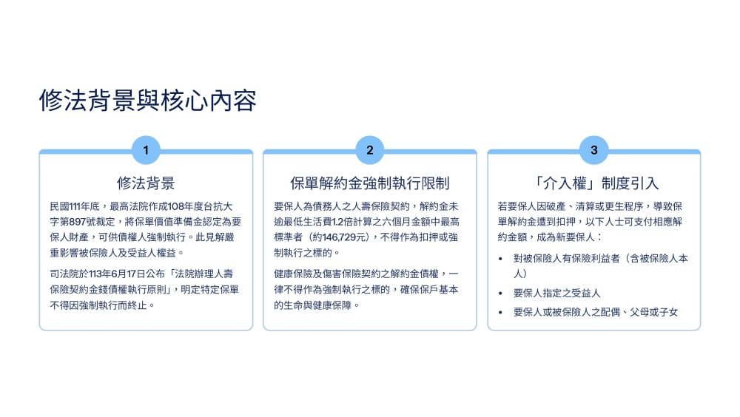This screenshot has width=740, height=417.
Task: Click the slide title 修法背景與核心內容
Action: click(x=148, y=101)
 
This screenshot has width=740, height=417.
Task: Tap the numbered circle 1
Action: click(x=146, y=150)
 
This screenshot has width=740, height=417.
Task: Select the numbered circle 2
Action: click(x=369, y=150)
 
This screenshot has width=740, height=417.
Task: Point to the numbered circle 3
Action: click(x=593, y=150)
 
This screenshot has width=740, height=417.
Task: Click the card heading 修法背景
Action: click(x=146, y=183)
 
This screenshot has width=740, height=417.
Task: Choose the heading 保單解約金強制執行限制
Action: click(x=369, y=183)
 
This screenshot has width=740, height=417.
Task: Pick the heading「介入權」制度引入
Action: click(x=593, y=183)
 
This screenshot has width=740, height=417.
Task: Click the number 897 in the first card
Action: click(x=78, y=222)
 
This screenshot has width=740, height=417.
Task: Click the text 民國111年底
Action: click(x=75, y=206)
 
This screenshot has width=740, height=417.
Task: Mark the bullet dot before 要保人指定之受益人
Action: click(x=501, y=294)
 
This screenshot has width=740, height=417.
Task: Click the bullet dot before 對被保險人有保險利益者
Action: click(x=501, y=259)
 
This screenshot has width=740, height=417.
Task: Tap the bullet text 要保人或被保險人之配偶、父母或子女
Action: click(x=596, y=312)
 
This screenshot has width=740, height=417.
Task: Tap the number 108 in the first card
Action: click(x=175, y=206)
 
